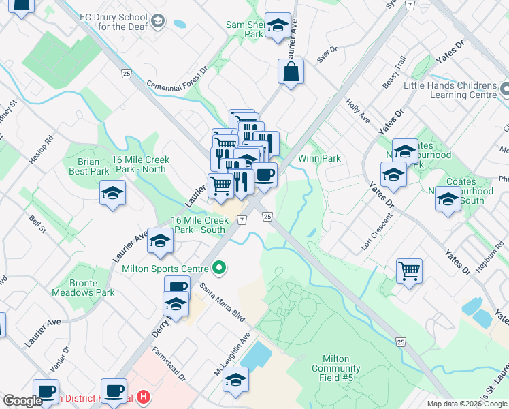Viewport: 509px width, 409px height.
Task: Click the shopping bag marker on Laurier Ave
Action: [291, 72]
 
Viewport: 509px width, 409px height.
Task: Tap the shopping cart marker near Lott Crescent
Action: [409, 271]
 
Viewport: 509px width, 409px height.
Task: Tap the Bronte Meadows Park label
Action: [83, 288]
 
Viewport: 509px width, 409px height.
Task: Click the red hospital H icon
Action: [143, 396]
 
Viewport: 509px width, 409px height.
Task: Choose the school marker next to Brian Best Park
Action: [112, 193]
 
